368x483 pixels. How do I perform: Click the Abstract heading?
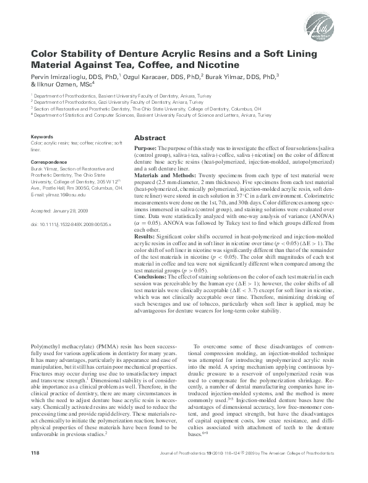pos(150,138)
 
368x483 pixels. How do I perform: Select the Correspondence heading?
pos(49,161)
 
